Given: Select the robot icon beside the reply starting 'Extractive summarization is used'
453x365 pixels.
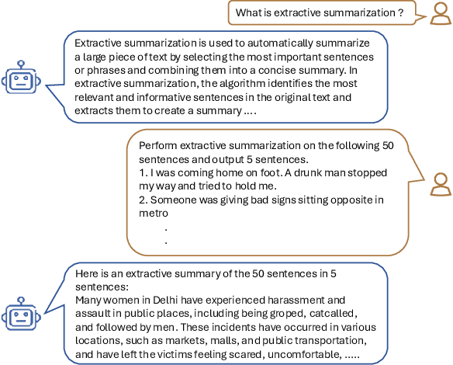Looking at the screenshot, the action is pos(18,81).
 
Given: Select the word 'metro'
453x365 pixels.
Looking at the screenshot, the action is pos(153,214).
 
